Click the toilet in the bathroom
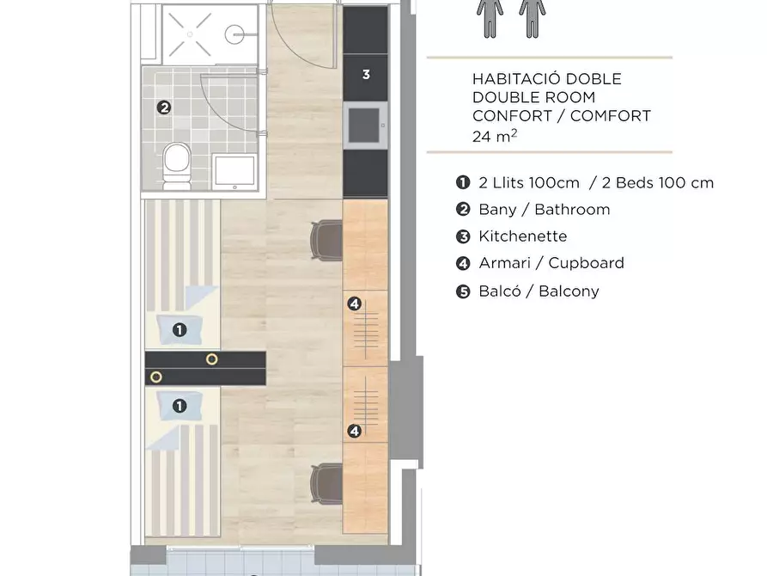tap(177, 166)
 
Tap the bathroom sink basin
tap(234, 172)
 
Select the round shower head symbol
tap(234, 34)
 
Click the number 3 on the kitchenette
tap(366, 75)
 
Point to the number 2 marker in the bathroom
tap(164, 107)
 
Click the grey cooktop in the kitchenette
tap(365, 126)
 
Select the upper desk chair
tap(326, 240)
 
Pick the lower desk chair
tap(326, 483)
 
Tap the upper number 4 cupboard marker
tap(354, 303)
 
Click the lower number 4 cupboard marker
tap(354, 431)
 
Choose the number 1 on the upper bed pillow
tap(180, 329)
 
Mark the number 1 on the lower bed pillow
tap(180, 406)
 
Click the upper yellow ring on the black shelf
tap(212, 359)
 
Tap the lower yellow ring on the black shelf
tap(156, 377)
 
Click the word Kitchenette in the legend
tap(523, 236)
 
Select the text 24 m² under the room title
tap(495, 136)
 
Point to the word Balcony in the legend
tap(569, 291)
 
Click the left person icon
tap(490, 18)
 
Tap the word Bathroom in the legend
tap(572, 210)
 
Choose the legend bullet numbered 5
tap(463, 292)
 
